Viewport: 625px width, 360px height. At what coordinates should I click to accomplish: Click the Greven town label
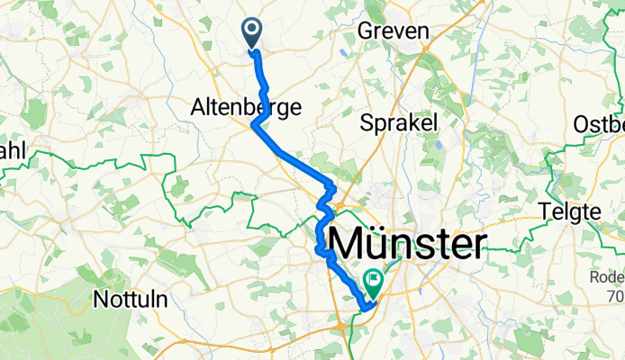pyautogui.click(x=393, y=31)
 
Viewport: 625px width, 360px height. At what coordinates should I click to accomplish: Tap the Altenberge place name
pyautogui.click(x=232, y=107)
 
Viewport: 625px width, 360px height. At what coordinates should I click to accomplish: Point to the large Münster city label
pyautogui.click(x=411, y=245)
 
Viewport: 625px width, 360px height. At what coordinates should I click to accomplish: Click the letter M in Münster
pyautogui.click(x=351, y=245)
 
